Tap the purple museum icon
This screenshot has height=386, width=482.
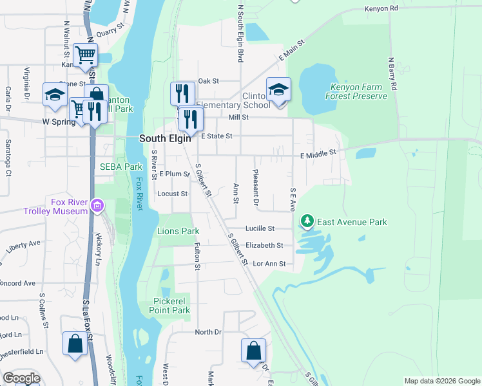pyautogui.click(x=97, y=206)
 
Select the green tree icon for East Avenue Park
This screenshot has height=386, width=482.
pyautogui.click(x=307, y=223)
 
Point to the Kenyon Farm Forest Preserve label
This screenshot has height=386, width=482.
pyautogui.click(x=358, y=91)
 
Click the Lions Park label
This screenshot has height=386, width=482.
pyautogui.click(x=178, y=231)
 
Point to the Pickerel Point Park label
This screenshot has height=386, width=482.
pyautogui.click(x=171, y=306)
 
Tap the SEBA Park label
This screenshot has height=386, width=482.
pyautogui.click(x=120, y=167)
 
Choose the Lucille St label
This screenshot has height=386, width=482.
pyautogui.click(x=260, y=228)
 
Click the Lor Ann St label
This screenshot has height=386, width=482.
pyautogui.click(x=269, y=263)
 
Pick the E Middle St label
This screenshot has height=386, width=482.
pyautogui.click(x=318, y=154)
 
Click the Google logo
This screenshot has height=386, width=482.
pyautogui.click(x=21, y=378)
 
